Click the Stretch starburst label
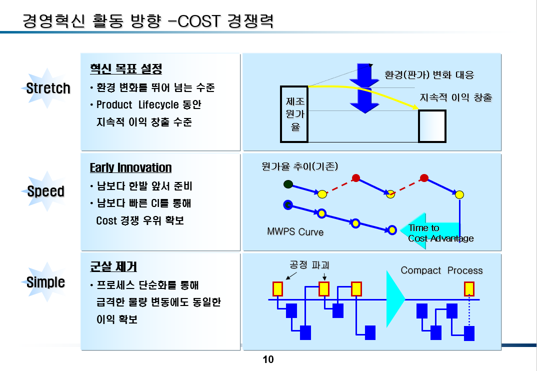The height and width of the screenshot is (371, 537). pyautogui.click(x=48, y=88)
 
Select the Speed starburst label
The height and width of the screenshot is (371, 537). pyautogui.click(x=45, y=191)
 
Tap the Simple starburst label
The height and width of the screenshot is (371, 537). pyautogui.click(x=45, y=282)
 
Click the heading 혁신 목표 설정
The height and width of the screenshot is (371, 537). pyautogui.click(x=125, y=68)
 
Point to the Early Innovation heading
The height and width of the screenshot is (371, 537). pyautogui.click(x=130, y=167)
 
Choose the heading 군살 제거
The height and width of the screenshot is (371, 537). pyautogui.click(x=113, y=266)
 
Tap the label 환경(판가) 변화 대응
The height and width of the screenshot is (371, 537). pyautogui.click(x=429, y=75)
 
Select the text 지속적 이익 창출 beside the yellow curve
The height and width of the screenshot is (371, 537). pyautogui.click(x=456, y=97)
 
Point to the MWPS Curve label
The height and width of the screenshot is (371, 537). pyautogui.click(x=295, y=232)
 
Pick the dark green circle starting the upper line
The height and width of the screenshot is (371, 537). pyautogui.click(x=287, y=184)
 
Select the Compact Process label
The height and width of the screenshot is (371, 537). pyautogui.click(x=441, y=270)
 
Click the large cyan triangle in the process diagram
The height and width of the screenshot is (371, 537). pyautogui.click(x=394, y=299)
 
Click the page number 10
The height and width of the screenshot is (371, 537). pyautogui.click(x=268, y=359)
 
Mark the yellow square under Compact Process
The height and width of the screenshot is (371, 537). pyautogui.click(x=469, y=288)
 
